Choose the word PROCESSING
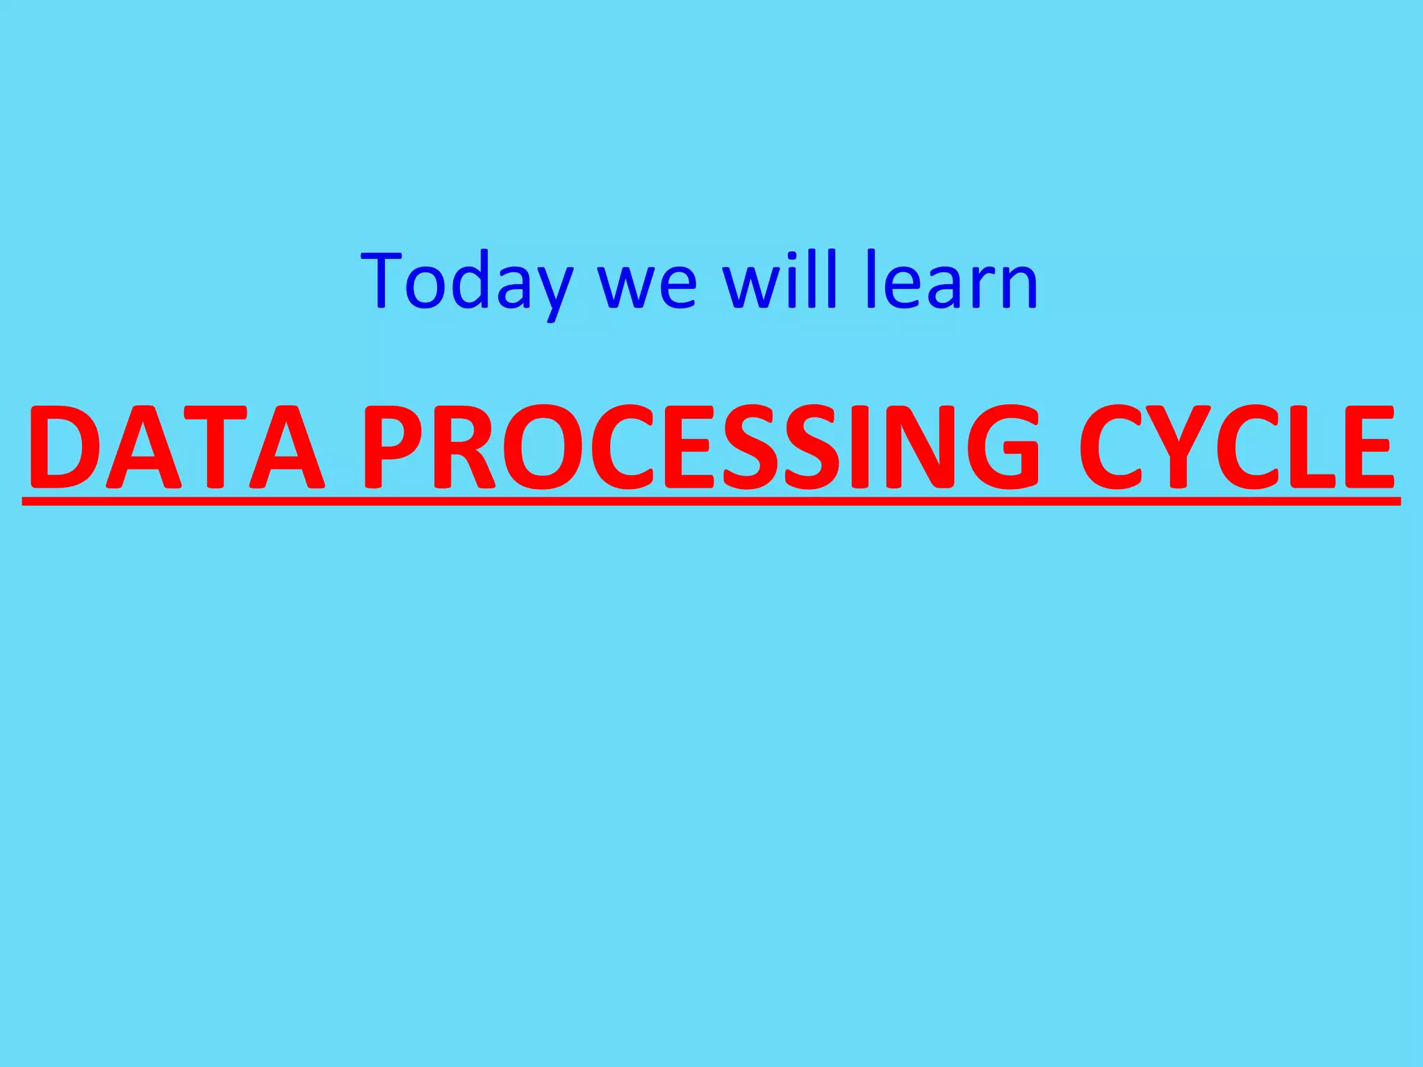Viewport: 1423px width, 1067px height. point(702,447)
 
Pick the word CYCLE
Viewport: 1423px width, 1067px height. point(1237,447)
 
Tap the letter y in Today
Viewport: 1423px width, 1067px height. point(549,292)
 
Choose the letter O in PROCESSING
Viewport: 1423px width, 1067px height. point(541,447)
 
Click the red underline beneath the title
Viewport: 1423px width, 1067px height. point(711,500)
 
